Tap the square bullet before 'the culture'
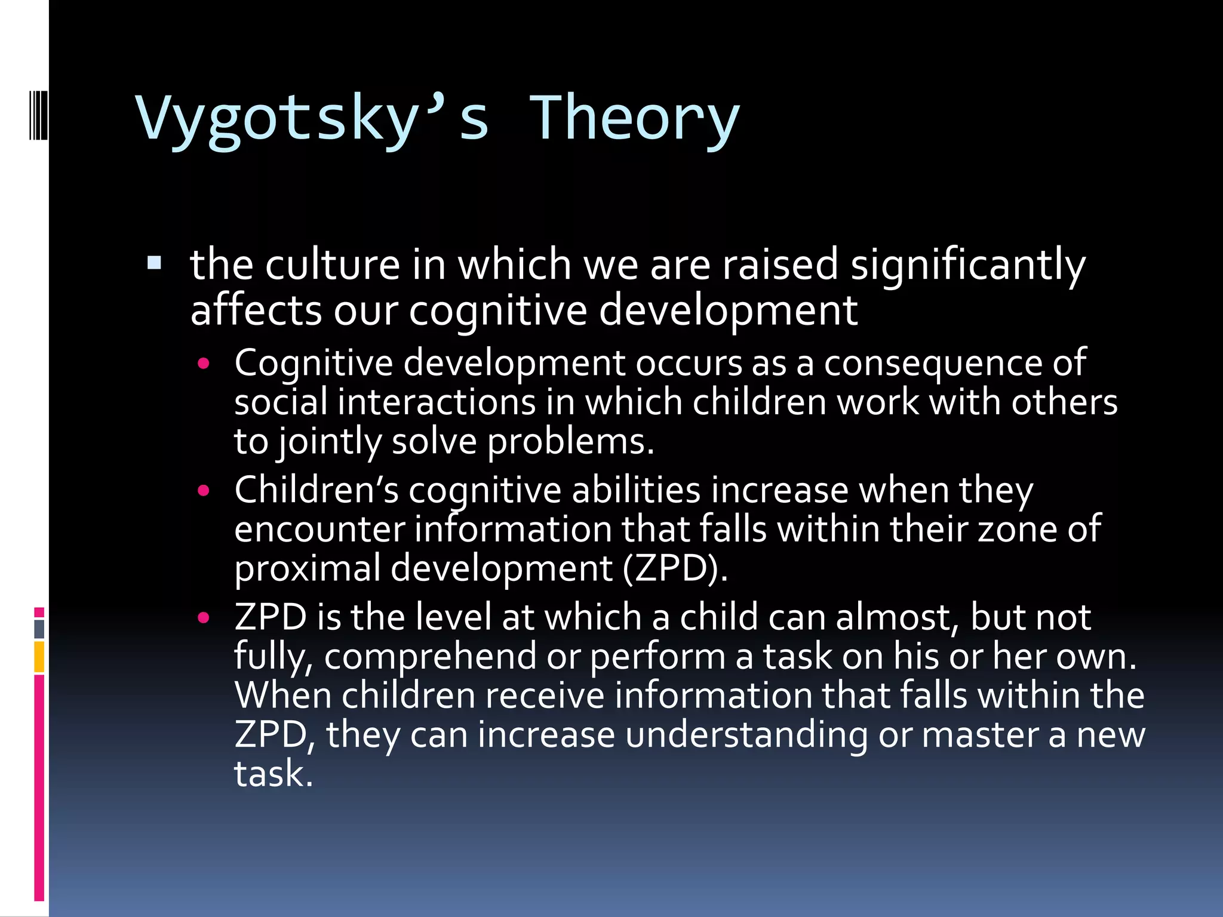154,263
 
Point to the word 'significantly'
967,266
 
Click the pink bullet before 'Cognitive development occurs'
204,364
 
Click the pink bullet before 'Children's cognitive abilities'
204,491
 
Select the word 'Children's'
316,491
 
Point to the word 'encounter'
319,530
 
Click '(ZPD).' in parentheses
675,568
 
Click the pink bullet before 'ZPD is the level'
204,618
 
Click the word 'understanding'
746,735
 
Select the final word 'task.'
273,774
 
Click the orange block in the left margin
39,657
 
